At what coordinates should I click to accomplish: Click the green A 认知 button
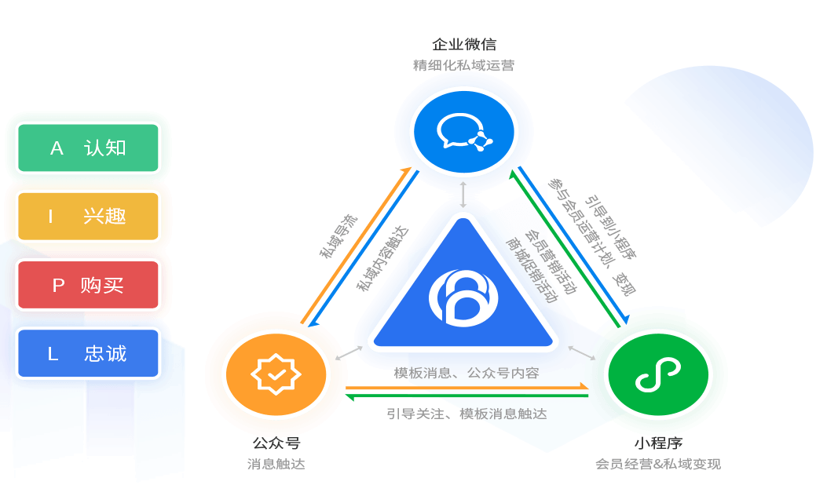tap(88, 148)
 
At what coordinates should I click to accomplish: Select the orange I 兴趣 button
tap(88, 217)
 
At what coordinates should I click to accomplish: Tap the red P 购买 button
tap(88, 285)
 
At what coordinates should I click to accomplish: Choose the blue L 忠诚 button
tap(88, 353)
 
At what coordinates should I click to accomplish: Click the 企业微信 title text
tap(464, 44)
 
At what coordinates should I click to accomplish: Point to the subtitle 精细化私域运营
tap(464, 65)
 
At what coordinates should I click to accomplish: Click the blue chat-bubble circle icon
tap(463, 132)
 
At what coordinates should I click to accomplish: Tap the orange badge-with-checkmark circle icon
tap(276, 374)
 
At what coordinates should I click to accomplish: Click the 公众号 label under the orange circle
tap(276, 443)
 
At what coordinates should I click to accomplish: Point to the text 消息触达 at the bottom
tap(276, 464)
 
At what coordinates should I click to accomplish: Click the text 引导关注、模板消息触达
tap(466, 414)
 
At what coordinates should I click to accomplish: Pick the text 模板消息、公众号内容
tap(466, 373)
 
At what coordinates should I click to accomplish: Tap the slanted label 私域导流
tap(338, 236)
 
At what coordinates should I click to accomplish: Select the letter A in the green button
tap(57, 148)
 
